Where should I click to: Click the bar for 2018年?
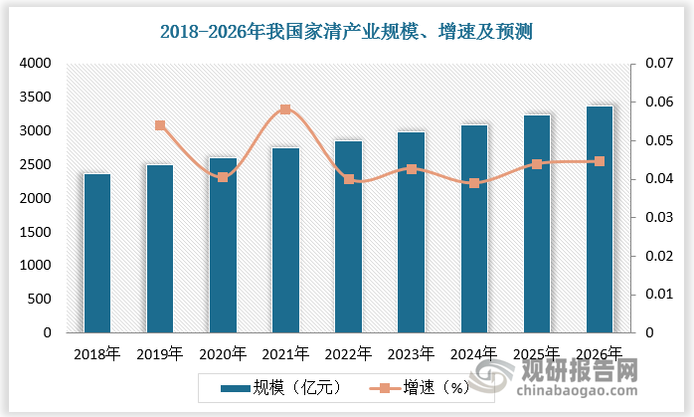click(97, 253)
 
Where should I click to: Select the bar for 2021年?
click(285, 240)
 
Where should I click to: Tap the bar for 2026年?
click(600, 219)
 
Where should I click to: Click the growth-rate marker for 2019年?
click(160, 125)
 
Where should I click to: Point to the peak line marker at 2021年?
click(285, 109)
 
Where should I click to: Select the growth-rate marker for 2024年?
click(474, 183)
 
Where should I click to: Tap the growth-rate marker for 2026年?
click(600, 161)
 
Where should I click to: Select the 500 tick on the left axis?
click(38, 300)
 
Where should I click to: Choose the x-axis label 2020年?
click(223, 352)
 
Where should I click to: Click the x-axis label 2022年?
click(348, 352)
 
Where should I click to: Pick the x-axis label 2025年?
click(537, 352)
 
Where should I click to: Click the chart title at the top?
click(347, 31)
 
